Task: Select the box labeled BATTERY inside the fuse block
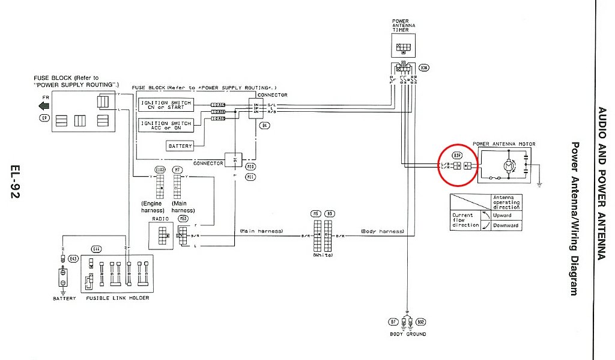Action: [180, 146]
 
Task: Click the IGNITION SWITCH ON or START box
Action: [166, 105]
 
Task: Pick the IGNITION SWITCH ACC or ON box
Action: [166, 125]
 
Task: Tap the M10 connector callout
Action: [250, 168]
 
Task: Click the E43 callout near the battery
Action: [73, 258]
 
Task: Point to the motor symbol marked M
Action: [507, 165]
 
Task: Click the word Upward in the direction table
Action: [501, 215]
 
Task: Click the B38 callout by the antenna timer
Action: [425, 69]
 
